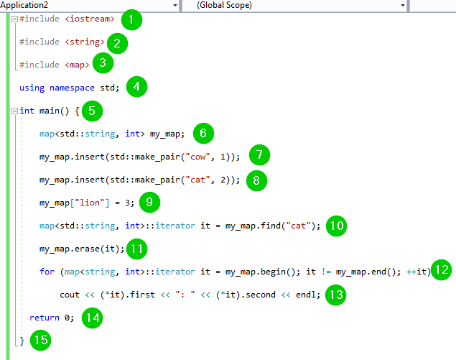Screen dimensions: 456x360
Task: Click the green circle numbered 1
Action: [x=131, y=20]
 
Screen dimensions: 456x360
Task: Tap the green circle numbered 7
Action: [x=259, y=154]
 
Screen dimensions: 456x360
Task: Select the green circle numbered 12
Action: [x=441, y=269]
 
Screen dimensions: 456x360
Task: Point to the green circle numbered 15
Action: [x=40, y=340]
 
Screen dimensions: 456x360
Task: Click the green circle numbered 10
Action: [x=336, y=226]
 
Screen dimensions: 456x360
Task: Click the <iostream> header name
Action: [x=90, y=19]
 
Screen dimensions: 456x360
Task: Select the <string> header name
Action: [x=85, y=42]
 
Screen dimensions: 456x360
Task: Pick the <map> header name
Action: [x=77, y=65]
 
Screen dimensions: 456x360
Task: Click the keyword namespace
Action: [x=72, y=88]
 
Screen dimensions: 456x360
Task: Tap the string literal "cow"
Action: [x=197, y=157]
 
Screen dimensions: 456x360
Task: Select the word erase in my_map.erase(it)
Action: [x=87, y=249]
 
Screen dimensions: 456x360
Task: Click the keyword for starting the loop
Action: [x=47, y=272]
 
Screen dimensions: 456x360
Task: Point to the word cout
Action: [x=70, y=295]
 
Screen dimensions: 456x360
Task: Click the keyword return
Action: [x=45, y=318]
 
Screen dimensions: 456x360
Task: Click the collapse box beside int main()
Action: [x=14, y=111]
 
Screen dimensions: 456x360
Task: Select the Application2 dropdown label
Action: [x=24, y=5]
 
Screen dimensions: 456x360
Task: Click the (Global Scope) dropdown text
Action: [x=224, y=5]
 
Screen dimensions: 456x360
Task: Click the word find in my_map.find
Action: [x=271, y=226]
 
